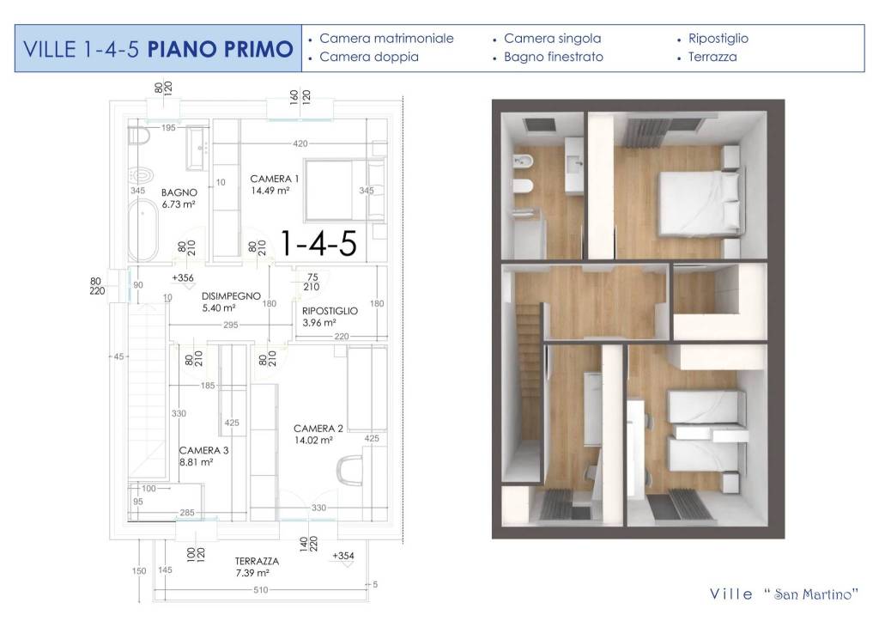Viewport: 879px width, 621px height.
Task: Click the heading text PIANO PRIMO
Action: (x=220, y=48)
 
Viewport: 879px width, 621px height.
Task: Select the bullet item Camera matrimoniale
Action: (x=386, y=39)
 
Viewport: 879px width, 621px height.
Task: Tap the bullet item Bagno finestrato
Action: (x=553, y=58)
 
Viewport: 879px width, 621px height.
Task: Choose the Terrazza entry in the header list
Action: (x=712, y=58)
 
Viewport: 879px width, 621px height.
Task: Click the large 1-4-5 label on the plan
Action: (x=318, y=244)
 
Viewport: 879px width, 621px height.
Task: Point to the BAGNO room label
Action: (x=179, y=192)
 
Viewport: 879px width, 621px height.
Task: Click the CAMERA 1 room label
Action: (x=275, y=179)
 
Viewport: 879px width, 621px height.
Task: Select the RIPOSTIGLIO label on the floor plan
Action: (x=330, y=311)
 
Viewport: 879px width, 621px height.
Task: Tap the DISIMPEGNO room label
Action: (x=231, y=295)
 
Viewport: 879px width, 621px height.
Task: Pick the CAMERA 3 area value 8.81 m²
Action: (x=195, y=462)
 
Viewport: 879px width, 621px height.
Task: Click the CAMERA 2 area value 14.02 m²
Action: (x=318, y=441)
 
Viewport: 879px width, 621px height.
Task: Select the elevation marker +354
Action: (x=343, y=557)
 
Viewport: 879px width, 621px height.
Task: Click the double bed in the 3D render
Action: (x=697, y=201)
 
